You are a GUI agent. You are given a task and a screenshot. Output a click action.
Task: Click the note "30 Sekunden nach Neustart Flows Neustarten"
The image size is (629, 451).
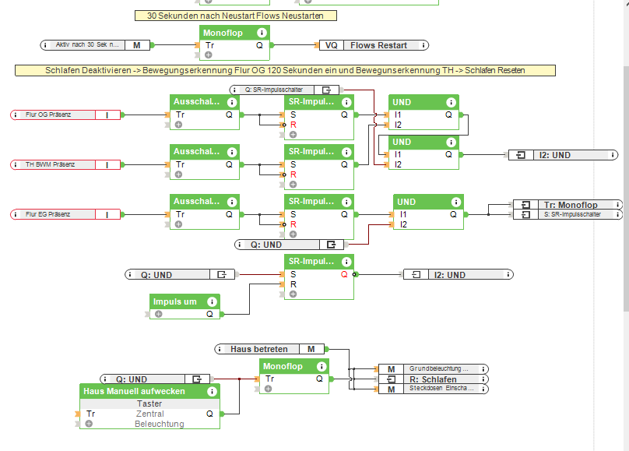tap(236, 16)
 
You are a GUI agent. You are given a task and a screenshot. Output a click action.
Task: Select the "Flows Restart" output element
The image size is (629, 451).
tap(378, 45)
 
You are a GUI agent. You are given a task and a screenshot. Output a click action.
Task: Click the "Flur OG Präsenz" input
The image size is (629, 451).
tap(54, 115)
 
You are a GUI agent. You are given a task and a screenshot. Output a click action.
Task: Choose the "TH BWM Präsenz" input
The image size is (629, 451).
tap(54, 164)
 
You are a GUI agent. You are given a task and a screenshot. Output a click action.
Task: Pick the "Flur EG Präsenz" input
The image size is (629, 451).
tap(54, 214)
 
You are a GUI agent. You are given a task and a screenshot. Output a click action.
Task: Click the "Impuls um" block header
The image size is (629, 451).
tap(175, 301)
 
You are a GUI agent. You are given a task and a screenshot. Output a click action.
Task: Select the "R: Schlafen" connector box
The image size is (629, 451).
tap(432, 379)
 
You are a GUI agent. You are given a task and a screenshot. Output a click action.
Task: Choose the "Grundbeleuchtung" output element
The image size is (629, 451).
tap(438, 368)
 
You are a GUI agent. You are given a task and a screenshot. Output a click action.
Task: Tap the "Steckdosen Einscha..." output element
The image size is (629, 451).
tap(438, 388)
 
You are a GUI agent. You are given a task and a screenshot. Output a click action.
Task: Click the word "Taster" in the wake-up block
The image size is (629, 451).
tap(149, 403)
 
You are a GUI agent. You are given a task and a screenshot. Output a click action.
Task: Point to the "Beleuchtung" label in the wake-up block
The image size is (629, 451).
tap(159, 424)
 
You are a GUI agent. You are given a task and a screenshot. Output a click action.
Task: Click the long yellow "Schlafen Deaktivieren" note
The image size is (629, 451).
tap(285, 70)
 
